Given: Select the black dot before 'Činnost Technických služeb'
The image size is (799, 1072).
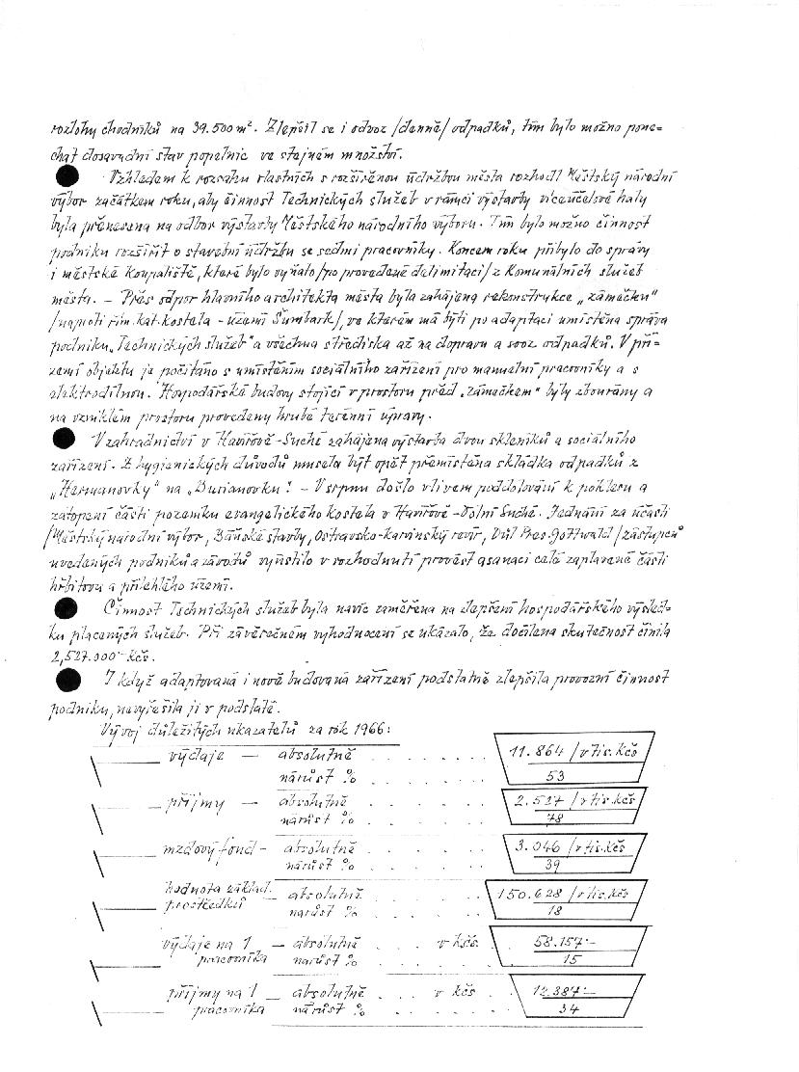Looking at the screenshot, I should click(67, 607).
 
